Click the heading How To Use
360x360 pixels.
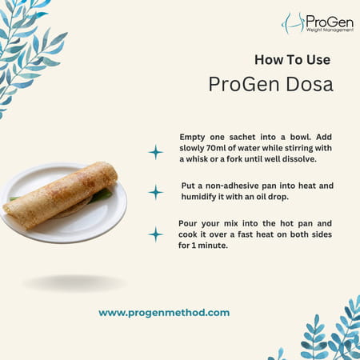pyautogui.click(x=292, y=59)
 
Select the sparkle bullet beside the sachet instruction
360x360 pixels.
pyautogui.click(x=156, y=152)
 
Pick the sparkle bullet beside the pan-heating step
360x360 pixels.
pyautogui.click(x=156, y=192)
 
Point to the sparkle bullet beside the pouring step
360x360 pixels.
pyautogui.click(x=156, y=234)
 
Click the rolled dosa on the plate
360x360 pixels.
pyautogui.click(x=60, y=192)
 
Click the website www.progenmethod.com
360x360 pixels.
pyautogui.click(x=164, y=313)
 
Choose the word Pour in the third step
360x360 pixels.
pyautogui.click(x=190, y=224)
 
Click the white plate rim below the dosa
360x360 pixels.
pyautogui.click(x=64, y=234)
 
